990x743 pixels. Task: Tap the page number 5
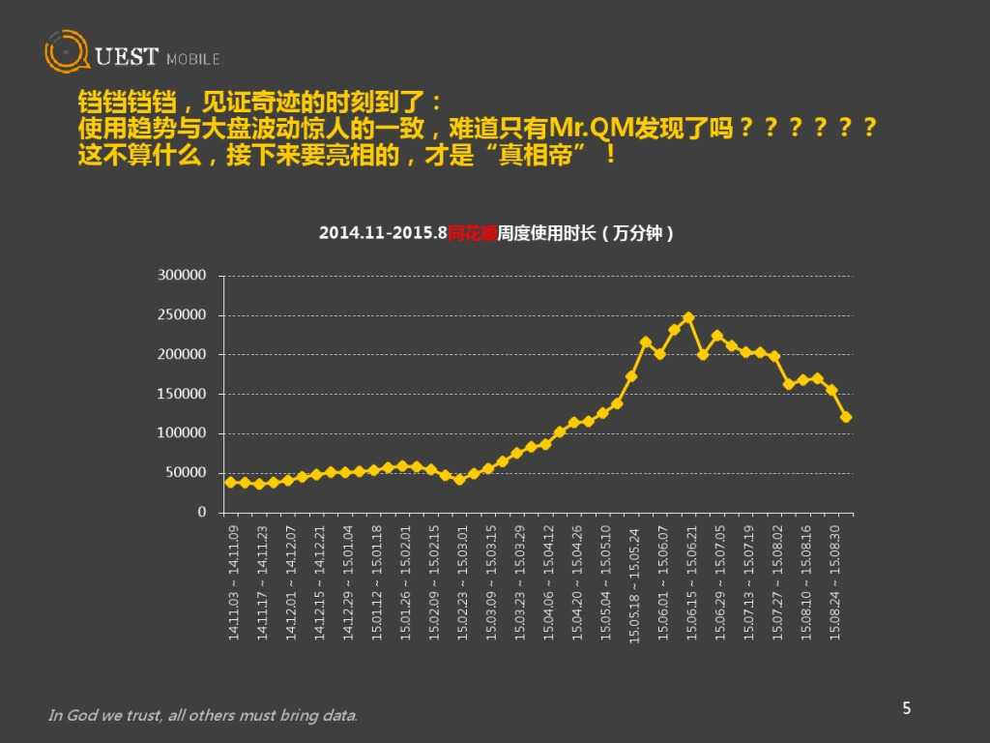click(907, 708)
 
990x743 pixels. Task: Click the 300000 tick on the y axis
click(182, 276)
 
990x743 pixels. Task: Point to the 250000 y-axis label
click(182, 315)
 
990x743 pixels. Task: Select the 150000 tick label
click(182, 394)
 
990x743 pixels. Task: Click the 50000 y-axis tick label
click(186, 473)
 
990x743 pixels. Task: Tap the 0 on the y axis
click(202, 513)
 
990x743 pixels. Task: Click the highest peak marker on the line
click(688, 317)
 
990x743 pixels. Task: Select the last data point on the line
click(846, 417)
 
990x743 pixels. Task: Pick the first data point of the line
click(230, 482)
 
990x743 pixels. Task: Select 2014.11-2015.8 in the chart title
click(383, 234)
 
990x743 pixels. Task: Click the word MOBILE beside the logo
click(193, 59)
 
